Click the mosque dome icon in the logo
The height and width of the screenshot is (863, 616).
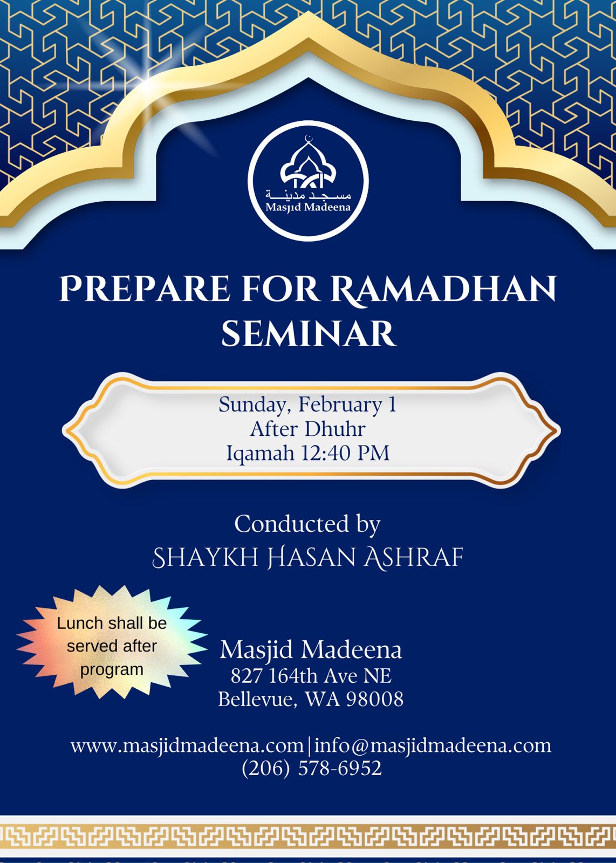click(308, 164)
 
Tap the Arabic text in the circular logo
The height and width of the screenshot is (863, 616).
click(308, 195)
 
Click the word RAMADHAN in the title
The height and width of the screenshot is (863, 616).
click(444, 289)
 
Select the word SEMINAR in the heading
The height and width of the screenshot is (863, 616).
click(308, 333)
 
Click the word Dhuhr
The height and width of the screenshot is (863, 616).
click(335, 429)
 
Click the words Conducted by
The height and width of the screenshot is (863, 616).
click(307, 524)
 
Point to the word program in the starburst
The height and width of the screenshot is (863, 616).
click(112, 669)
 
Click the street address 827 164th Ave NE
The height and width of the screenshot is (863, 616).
click(311, 676)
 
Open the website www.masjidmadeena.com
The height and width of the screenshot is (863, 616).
click(187, 746)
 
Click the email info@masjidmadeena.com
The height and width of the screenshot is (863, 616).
click(433, 745)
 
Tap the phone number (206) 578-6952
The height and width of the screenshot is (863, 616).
click(312, 768)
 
